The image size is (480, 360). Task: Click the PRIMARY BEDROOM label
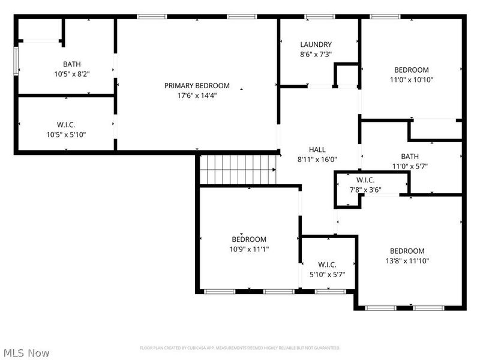(197, 86)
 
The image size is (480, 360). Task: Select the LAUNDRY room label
(316, 44)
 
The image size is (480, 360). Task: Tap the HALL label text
(317, 150)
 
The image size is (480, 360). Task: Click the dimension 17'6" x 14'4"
(197, 95)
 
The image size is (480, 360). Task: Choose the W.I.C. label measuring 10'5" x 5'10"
(66, 125)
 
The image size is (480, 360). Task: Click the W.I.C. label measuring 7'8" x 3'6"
(366, 180)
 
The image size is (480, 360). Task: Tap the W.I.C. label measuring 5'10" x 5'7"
(327, 265)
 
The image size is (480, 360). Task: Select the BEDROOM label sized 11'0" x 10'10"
(411, 70)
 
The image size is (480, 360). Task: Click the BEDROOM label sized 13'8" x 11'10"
(407, 251)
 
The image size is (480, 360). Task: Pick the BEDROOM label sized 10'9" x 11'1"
(249, 239)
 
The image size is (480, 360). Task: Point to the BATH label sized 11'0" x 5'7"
(402, 157)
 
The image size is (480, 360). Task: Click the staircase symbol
(238, 169)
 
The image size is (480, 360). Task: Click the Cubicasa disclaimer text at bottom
(240, 348)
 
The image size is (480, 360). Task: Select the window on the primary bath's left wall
(17, 61)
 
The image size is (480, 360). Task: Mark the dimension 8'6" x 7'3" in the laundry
(316, 54)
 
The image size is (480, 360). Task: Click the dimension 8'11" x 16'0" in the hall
(317, 160)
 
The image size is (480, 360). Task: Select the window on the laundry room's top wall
(319, 17)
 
